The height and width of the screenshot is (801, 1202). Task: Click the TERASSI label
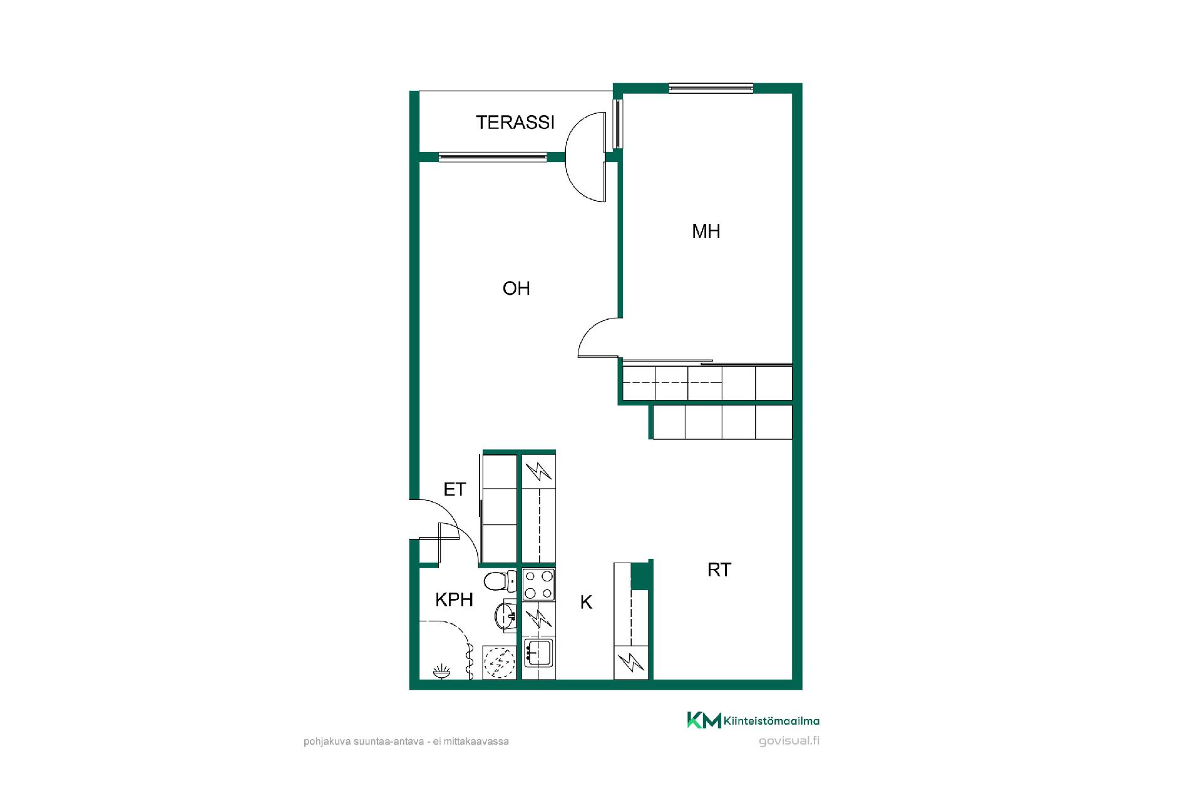[x=515, y=122]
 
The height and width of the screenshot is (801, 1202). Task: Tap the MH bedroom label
[x=706, y=232]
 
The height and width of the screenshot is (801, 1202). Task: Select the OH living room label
[x=516, y=288]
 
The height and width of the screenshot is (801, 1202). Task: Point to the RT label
[x=719, y=570]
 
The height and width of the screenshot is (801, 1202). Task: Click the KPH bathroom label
[x=454, y=600]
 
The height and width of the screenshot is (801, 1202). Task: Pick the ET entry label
[x=455, y=489]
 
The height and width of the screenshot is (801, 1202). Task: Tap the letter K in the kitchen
[x=586, y=603]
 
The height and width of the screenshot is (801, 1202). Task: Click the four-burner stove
[x=539, y=584]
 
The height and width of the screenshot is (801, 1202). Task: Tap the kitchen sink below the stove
[x=538, y=653]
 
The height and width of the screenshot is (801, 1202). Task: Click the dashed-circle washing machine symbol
[x=500, y=662]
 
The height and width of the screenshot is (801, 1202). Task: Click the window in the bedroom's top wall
[x=711, y=88]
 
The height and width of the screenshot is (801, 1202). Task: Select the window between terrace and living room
[x=493, y=157]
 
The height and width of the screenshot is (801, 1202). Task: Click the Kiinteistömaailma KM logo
[x=753, y=720]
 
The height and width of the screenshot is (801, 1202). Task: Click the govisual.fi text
[x=789, y=741]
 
